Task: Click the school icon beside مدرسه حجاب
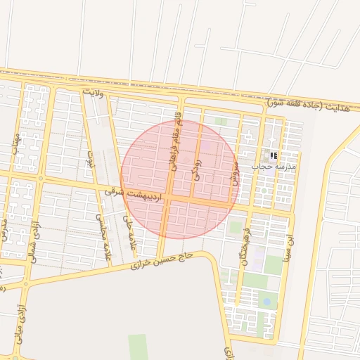[x=273, y=155]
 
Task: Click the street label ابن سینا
[x=288, y=245]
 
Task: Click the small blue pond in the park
[x=266, y=302]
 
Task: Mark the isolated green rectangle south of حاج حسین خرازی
[x=138, y=347]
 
